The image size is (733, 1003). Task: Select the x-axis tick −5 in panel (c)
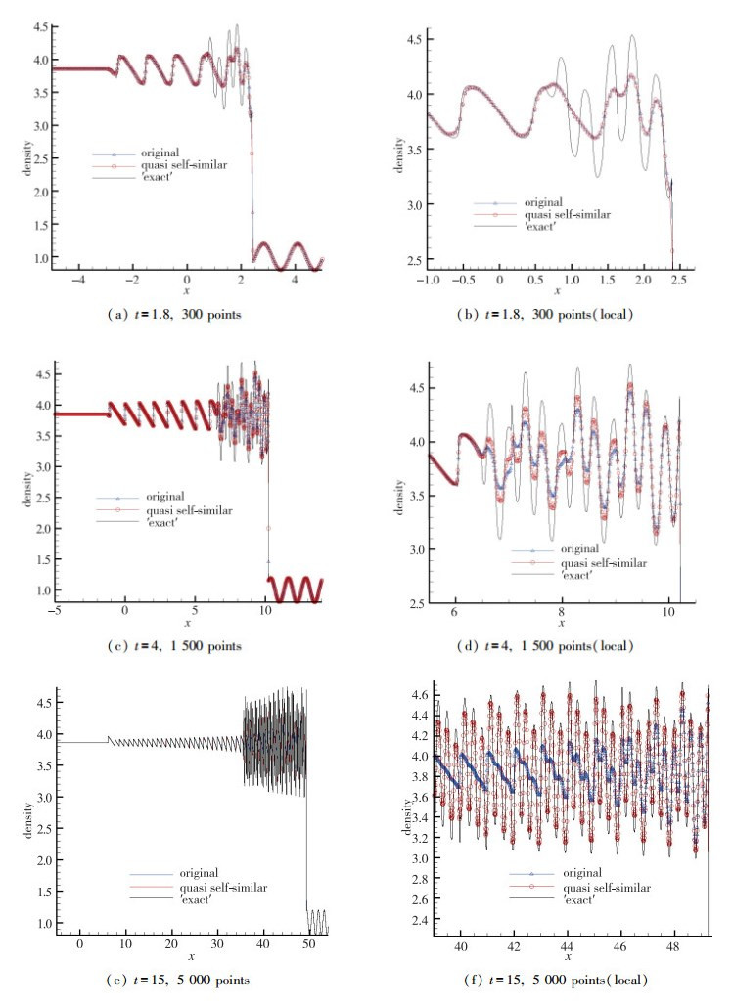coord(56,608)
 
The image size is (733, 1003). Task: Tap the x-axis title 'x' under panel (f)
coord(566,955)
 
